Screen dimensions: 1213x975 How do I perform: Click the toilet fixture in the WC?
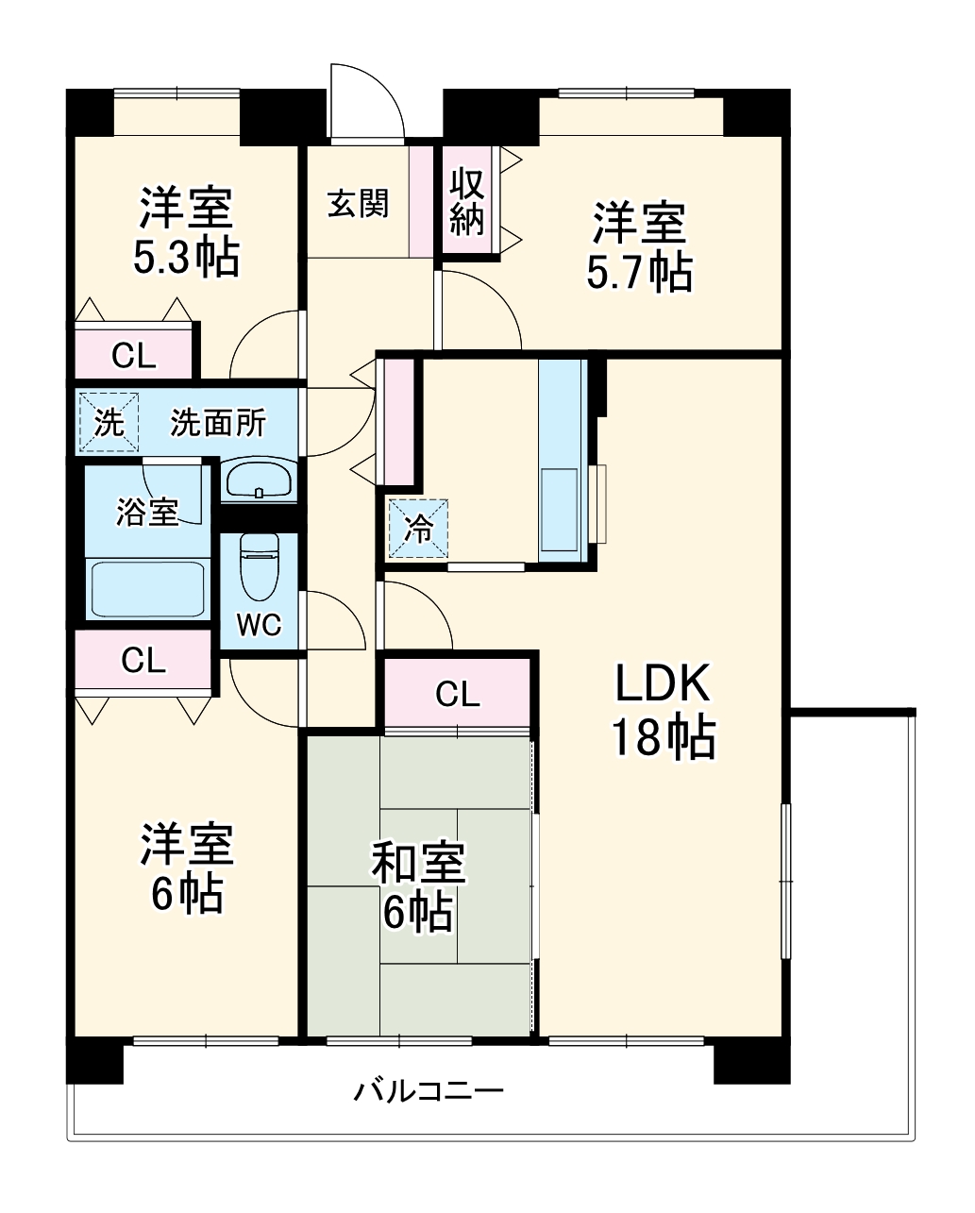tap(259, 568)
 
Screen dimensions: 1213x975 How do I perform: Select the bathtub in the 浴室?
tap(147, 587)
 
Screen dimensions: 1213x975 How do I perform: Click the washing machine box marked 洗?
tap(109, 423)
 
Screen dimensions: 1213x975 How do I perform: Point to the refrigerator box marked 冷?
tap(417, 529)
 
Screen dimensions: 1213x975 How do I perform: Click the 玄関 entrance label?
tap(358, 203)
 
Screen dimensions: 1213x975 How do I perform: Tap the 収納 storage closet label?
tap(467, 201)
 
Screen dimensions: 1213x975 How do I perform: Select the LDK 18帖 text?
tap(663, 710)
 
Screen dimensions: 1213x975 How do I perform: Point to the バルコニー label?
tap(429, 1092)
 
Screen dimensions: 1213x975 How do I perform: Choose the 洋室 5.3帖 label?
tap(186, 232)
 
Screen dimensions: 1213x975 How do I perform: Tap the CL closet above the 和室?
tap(458, 695)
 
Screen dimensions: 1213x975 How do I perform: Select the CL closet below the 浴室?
tap(143, 661)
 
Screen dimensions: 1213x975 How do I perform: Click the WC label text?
tap(259, 625)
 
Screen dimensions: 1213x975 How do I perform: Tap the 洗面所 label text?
tap(218, 424)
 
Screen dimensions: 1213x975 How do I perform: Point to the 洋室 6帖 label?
tap(186, 868)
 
